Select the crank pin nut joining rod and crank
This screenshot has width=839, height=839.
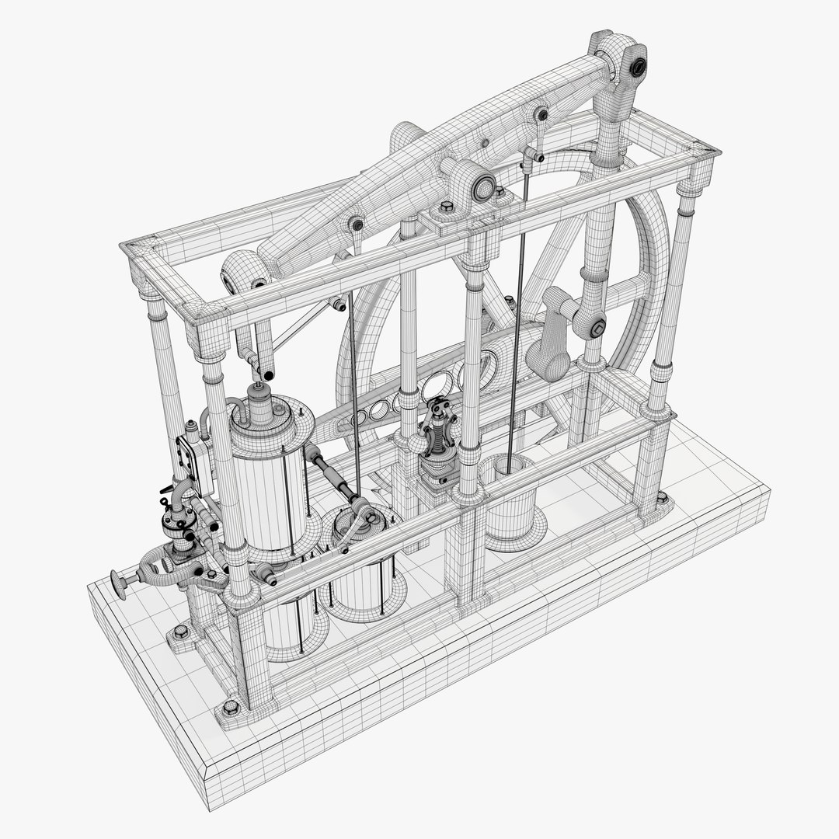pos(597,329)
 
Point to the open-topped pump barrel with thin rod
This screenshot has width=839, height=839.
pos(510,497)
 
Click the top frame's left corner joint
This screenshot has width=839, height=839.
pos(136,252)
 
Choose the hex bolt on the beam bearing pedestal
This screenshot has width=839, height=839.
pos(447,208)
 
